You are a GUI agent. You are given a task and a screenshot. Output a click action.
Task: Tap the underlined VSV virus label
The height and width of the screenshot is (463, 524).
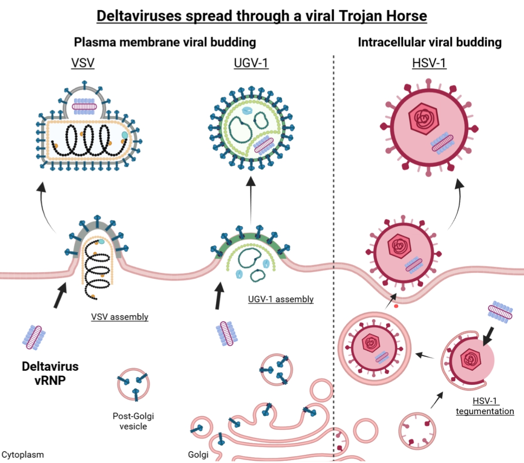pos(83,63)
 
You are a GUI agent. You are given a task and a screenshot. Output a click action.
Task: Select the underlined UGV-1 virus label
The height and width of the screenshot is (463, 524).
pos(251,63)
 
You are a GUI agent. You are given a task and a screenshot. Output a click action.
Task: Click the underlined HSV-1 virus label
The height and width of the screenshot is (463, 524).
pos(429,63)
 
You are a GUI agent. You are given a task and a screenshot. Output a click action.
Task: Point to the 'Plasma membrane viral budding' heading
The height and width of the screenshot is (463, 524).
pos(165,42)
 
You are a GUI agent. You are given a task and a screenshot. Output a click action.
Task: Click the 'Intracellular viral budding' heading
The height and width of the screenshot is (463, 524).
pos(430,42)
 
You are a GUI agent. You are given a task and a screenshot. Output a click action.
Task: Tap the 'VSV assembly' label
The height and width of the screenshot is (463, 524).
pos(120,317)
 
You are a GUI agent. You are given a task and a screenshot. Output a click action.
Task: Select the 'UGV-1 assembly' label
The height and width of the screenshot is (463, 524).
pos(281,299)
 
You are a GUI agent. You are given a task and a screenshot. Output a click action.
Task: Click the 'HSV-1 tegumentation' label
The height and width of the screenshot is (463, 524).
pos(485,406)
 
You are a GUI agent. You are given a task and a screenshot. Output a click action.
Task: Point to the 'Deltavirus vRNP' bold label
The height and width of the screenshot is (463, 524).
pos(50,373)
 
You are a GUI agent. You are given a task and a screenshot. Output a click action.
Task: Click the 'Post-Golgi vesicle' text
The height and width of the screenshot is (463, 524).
pos(133,421)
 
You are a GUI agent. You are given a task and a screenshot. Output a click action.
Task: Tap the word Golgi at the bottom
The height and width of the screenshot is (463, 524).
pos(198,454)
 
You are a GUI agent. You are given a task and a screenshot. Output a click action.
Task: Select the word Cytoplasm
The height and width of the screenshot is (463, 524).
pos(23,454)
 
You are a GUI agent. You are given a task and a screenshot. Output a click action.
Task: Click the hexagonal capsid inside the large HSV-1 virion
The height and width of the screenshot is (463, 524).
pos(423,119)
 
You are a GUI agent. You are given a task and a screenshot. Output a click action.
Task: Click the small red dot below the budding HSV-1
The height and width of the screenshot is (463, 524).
pos(396,306)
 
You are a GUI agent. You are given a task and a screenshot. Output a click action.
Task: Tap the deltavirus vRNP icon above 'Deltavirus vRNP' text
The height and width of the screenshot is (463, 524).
pos(34,337)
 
